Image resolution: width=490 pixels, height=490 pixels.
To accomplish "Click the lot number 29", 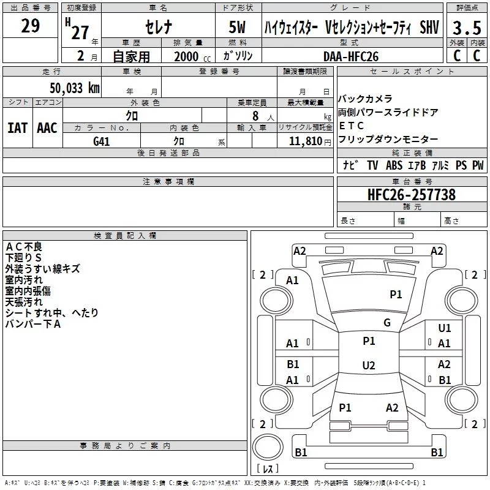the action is tap(30, 26).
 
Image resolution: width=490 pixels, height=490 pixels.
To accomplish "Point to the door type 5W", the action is tap(238, 28).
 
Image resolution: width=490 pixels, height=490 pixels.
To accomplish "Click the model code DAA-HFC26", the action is tap(351, 56).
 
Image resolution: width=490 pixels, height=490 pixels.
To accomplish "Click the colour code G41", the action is tap(102, 141).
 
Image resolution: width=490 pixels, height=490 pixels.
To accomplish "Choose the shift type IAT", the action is tap(17, 128).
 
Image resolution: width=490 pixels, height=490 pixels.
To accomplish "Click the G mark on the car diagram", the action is tap(387, 323).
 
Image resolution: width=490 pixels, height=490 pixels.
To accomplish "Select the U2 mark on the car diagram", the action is tap(368, 366).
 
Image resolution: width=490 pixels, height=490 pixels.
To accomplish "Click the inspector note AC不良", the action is tap(24, 246).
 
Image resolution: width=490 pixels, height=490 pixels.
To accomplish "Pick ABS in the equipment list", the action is tap(394, 165).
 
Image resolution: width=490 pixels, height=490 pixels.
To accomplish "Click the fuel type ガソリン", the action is tap(238, 56).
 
